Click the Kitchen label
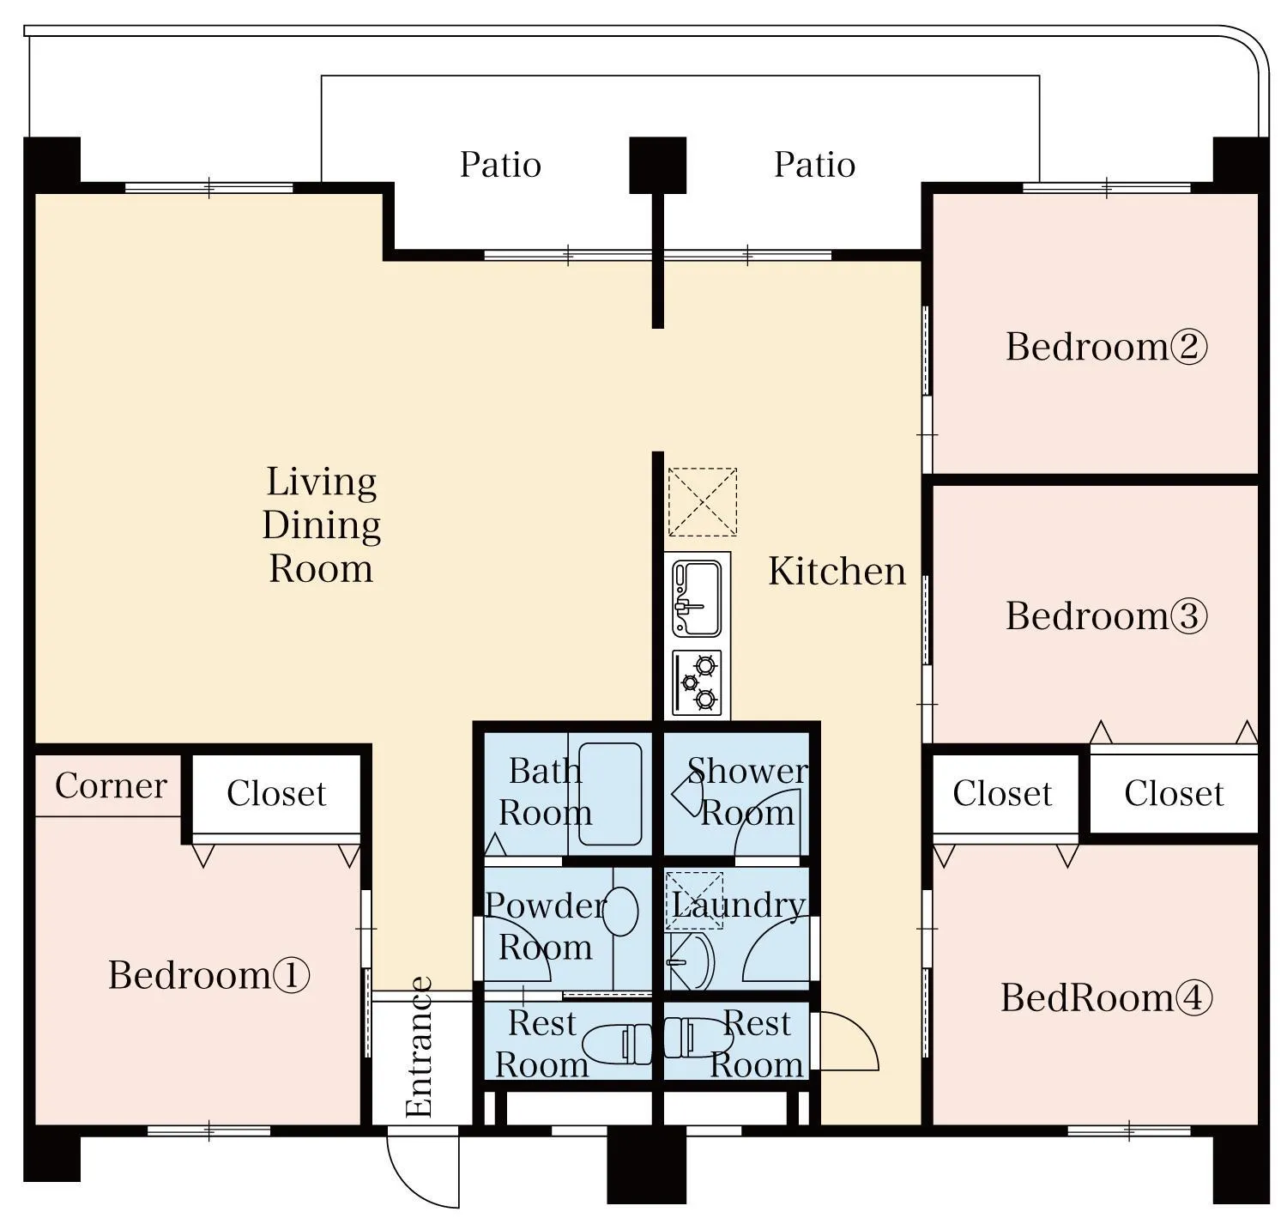click(837, 572)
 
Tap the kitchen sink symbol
click(697, 598)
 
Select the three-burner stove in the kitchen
click(697, 683)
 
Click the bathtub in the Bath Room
click(610, 795)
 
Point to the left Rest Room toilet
click(616, 1044)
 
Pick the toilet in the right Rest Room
click(695, 1037)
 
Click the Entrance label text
click(419, 1047)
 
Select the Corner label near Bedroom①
click(110, 786)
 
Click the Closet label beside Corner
click(276, 794)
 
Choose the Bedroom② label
click(1106, 347)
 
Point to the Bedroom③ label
click(1106, 616)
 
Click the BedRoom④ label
click(1106, 998)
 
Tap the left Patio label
click(500, 165)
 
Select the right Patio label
click(814, 165)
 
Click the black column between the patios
click(657, 165)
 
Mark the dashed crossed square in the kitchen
click(702, 501)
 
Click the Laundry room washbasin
click(691, 961)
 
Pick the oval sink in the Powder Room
click(620, 912)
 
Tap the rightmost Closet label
click(1173, 794)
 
